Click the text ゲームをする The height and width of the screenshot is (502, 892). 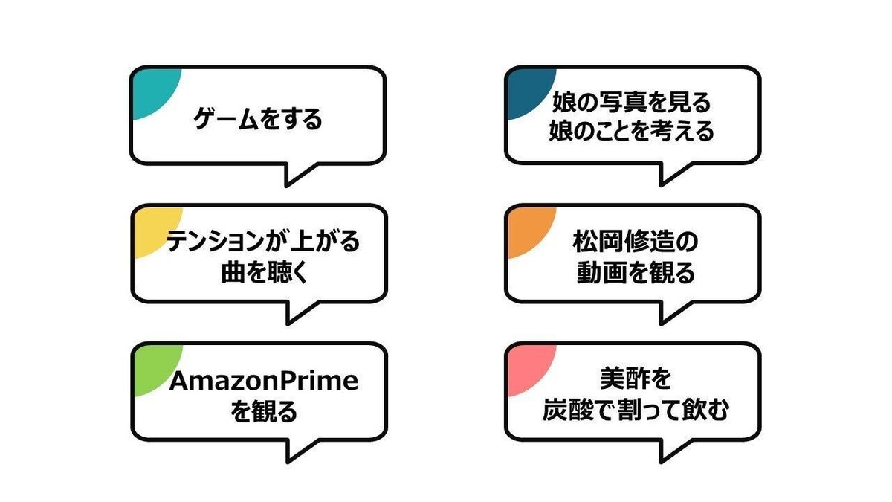click(x=258, y=119)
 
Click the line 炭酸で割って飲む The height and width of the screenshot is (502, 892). click(x=634, y=411)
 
